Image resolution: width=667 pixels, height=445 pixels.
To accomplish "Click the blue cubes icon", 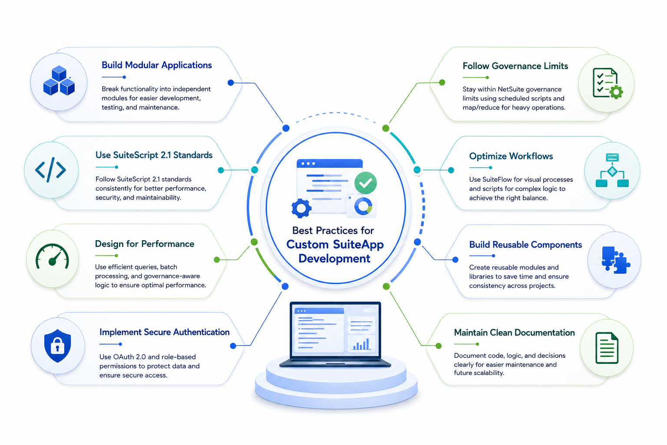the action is [x=59, y=81].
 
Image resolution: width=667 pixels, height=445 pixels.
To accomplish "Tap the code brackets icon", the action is [x=51, y=169].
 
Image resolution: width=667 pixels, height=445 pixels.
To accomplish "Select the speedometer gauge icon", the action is [x=52, y=257].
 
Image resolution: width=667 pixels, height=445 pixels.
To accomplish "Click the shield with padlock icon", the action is [x=57, y=346].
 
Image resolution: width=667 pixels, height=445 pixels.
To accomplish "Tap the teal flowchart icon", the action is [x=612, y=170].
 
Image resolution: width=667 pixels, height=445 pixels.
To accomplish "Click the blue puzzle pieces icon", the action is [x=615, y=260].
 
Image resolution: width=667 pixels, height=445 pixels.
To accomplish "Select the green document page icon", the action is [x=607, y=348].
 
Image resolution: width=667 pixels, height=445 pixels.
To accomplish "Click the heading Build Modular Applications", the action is [x=157, y=65].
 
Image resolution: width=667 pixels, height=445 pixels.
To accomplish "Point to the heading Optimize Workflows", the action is [x=511, y=156].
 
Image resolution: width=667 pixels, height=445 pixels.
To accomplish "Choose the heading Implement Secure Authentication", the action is [x=165, y=332].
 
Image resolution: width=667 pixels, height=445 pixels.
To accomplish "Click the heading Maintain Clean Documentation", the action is [x=514, y=332].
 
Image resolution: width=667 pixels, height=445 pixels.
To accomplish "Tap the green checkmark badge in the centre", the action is [x=365, y=183].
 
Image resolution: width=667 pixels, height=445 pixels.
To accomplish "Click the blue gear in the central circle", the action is [x=301, y=208].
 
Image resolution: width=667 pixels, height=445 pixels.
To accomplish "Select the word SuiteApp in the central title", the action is [x=358, y=244].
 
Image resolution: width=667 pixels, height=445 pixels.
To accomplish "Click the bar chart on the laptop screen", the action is [x=361, y=344].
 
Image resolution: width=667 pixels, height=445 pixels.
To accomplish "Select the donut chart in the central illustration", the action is [x=363, y=206].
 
